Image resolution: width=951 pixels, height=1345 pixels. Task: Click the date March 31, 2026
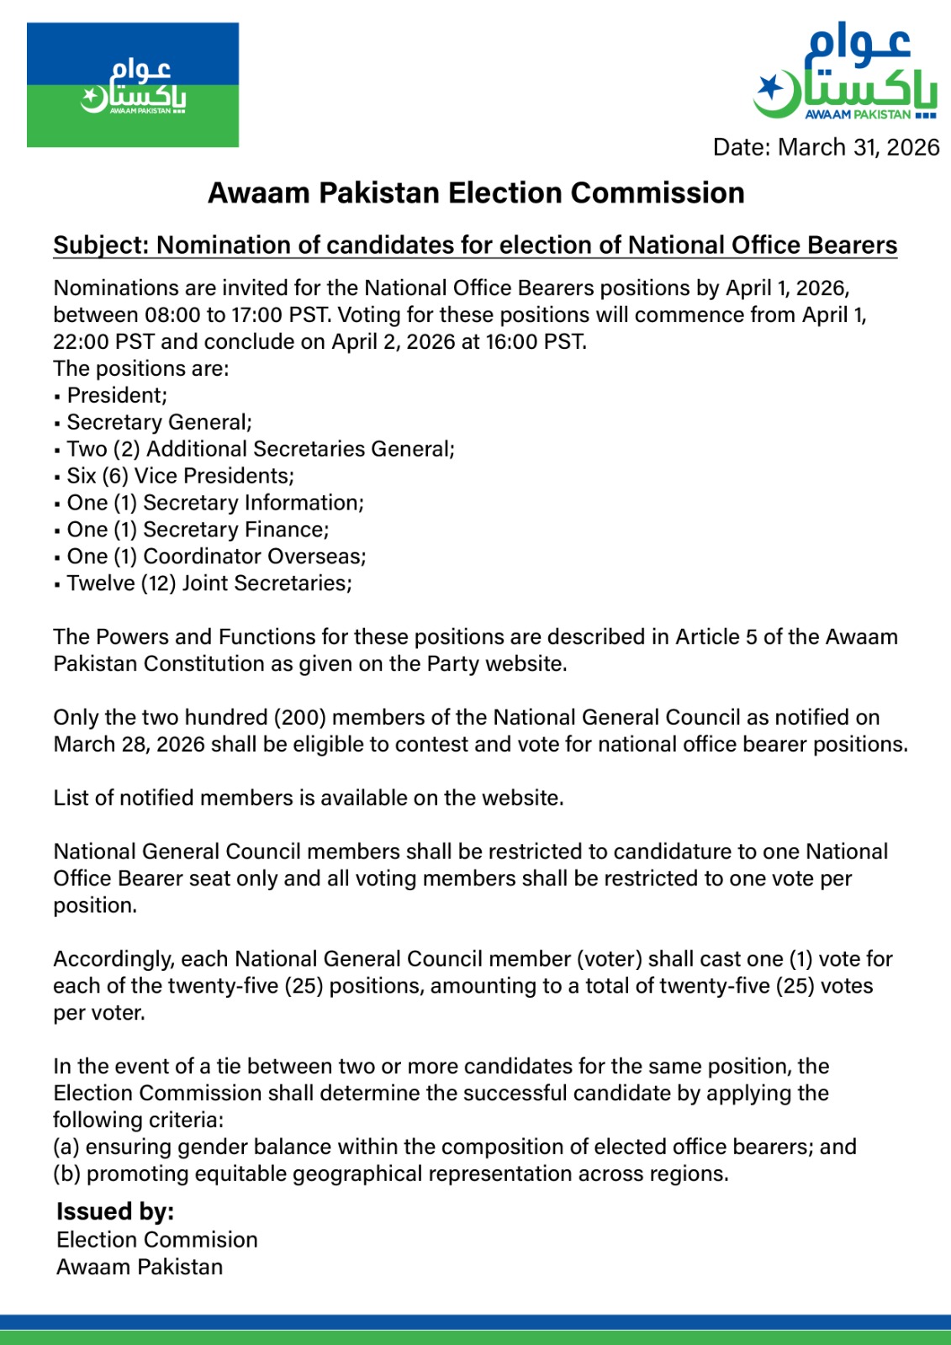859,147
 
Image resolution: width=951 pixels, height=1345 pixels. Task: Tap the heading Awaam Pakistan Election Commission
476,193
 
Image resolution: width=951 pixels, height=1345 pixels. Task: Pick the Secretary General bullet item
159,422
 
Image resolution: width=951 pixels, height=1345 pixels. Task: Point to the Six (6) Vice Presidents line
180,476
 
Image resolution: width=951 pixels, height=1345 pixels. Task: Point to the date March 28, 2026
129,744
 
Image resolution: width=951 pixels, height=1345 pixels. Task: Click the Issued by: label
115,1211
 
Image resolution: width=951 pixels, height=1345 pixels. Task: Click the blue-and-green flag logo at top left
133,85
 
